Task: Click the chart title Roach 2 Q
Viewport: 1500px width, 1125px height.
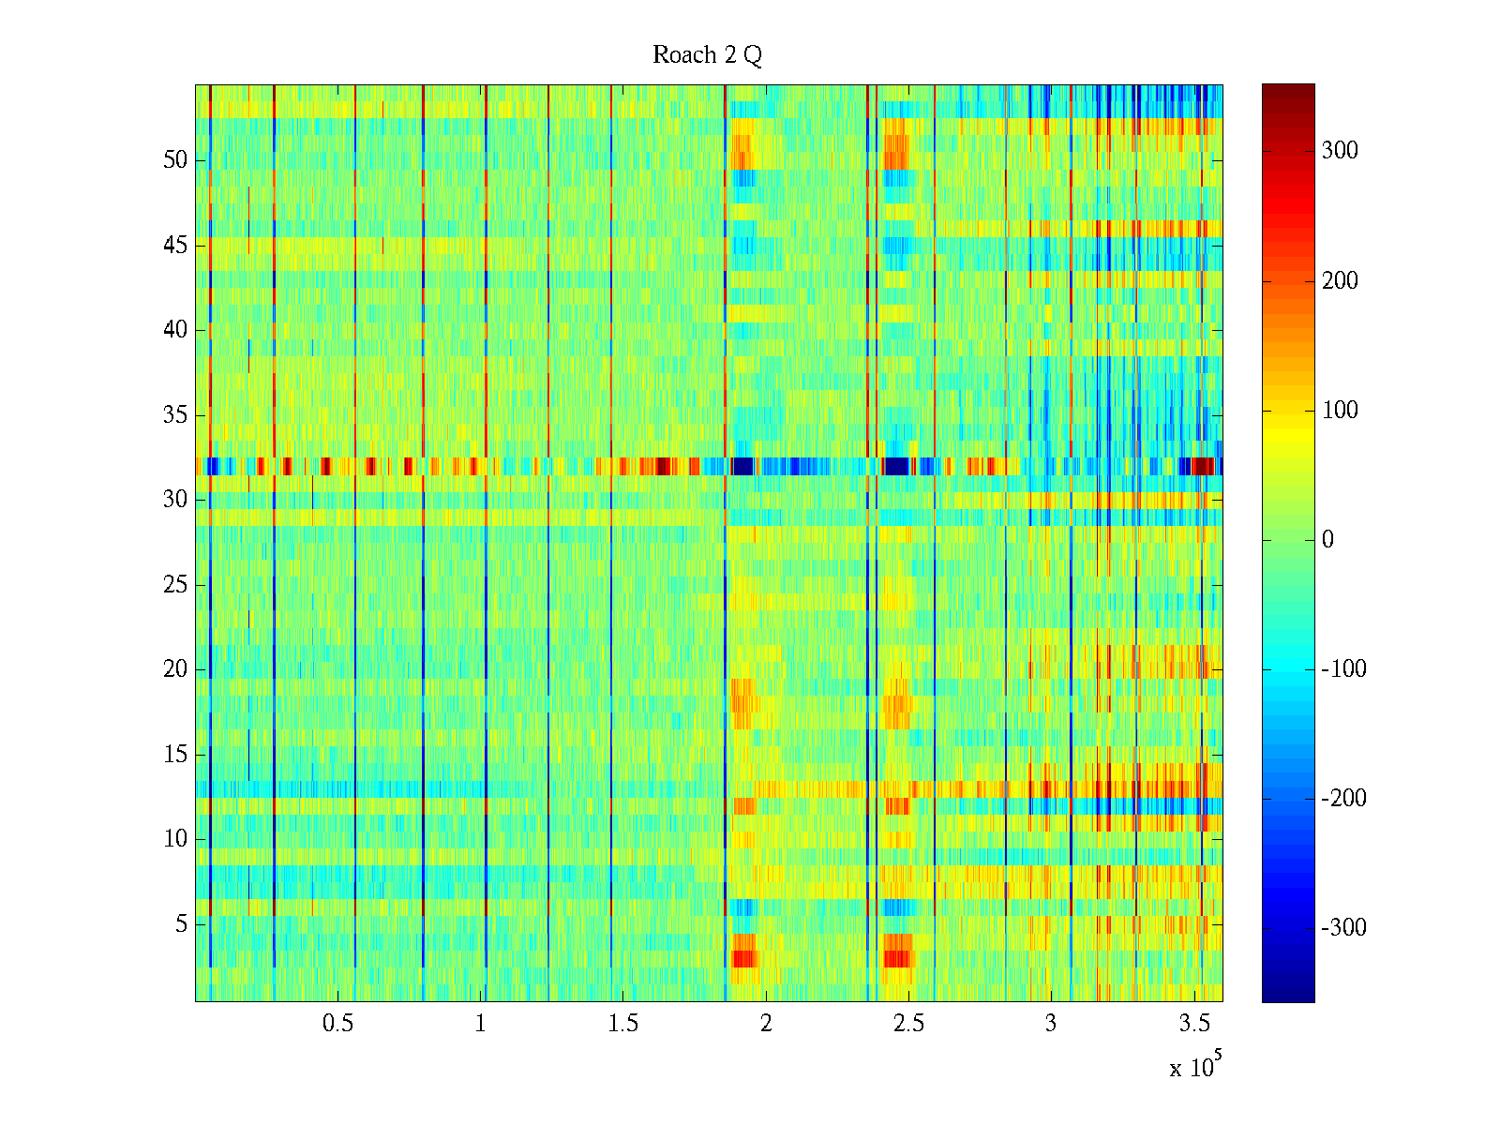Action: (707, 55)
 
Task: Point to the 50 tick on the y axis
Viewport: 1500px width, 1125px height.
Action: (175, 160)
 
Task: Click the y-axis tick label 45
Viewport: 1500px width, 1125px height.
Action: (175, 246)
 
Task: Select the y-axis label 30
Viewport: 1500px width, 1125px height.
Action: (175, 500)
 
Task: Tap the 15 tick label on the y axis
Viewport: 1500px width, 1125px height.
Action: (175, 755)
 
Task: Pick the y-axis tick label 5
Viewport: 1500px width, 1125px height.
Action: (181, 924)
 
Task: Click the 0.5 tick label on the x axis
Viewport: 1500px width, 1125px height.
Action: (337, 1024)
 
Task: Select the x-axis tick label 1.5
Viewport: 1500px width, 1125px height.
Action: (623, 1024)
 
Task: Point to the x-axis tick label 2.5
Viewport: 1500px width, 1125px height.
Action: (908, 1024)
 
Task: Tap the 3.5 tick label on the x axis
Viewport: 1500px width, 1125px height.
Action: (1193, 1024)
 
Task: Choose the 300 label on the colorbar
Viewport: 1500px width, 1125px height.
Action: (1340, 151)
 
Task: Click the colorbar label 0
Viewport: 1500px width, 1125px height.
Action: (1327, 540)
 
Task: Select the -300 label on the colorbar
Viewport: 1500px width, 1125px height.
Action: (1343, 928)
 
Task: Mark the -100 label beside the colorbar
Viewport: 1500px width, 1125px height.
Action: (1343, 669)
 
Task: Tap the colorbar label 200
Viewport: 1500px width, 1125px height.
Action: (1340, 281)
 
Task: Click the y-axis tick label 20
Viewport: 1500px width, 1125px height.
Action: (175, 669)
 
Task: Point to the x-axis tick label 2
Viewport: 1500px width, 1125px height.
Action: (766, 1024)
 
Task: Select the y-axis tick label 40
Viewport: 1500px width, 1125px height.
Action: (175, 330)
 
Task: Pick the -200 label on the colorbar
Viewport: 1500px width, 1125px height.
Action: (1343, 799)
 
